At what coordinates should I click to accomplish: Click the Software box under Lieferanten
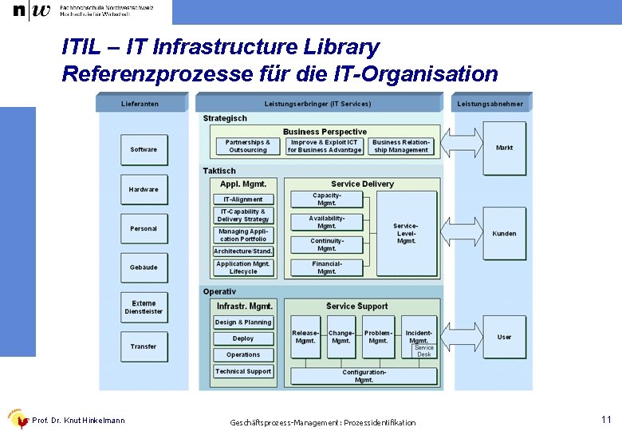144,149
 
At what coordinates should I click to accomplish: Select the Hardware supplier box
144,189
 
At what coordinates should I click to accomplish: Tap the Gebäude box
144,267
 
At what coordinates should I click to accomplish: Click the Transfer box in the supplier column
144,346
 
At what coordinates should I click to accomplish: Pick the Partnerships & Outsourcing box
248,147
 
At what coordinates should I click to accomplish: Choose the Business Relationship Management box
401,147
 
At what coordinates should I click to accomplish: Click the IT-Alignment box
243,200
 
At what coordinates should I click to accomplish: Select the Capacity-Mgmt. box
327,200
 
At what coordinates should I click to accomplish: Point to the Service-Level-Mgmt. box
407,234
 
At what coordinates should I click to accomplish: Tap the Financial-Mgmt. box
327,267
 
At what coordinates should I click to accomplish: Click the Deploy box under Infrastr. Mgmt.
243,338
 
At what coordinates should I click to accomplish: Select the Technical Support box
243,371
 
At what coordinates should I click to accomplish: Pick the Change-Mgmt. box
341,337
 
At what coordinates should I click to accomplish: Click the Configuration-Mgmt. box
364,376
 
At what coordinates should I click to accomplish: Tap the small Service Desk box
424,351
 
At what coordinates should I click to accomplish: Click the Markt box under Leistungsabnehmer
505,148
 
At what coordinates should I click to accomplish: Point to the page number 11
606,419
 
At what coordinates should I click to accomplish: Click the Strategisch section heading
225,118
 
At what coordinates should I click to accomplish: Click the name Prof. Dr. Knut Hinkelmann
78,421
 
